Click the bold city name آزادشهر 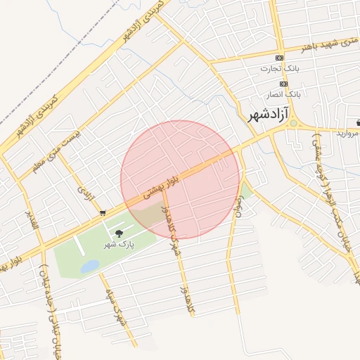[269, 115]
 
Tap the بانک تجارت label [280, 69]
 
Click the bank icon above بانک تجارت [280, 58]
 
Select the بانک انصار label [283, 94]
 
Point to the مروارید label [347, 132]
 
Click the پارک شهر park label [119, 244]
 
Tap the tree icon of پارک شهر [117, 233]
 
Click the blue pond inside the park [90, 266]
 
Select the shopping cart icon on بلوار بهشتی [103, 212]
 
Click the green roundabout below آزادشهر [293, 124]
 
